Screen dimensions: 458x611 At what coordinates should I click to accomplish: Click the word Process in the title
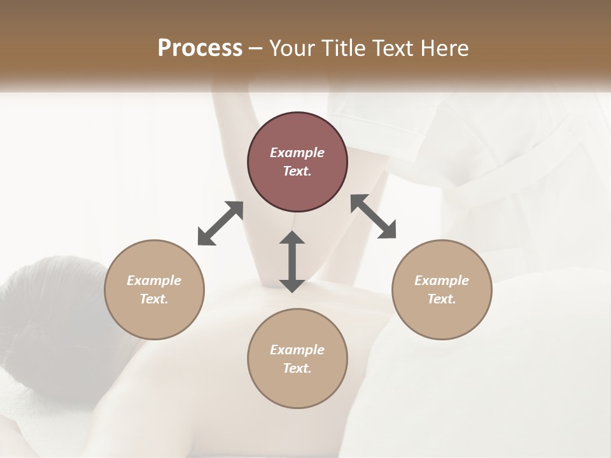(200, 48)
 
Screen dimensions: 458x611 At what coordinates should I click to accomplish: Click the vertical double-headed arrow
(292, 261)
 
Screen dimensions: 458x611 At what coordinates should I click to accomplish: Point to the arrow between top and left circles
(220, 223)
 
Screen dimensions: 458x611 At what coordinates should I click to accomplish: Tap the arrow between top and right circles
(373, 216)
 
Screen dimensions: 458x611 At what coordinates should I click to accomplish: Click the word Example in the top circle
(297, 153)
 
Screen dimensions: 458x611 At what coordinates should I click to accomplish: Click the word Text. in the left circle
(154, 299)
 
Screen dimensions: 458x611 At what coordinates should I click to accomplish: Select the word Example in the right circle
(442, 281)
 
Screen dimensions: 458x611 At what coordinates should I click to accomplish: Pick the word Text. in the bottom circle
(297, 368)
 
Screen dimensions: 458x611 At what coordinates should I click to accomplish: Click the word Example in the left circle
(154, 281)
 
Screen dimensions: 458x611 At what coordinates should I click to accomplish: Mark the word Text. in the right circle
(442, 299)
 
